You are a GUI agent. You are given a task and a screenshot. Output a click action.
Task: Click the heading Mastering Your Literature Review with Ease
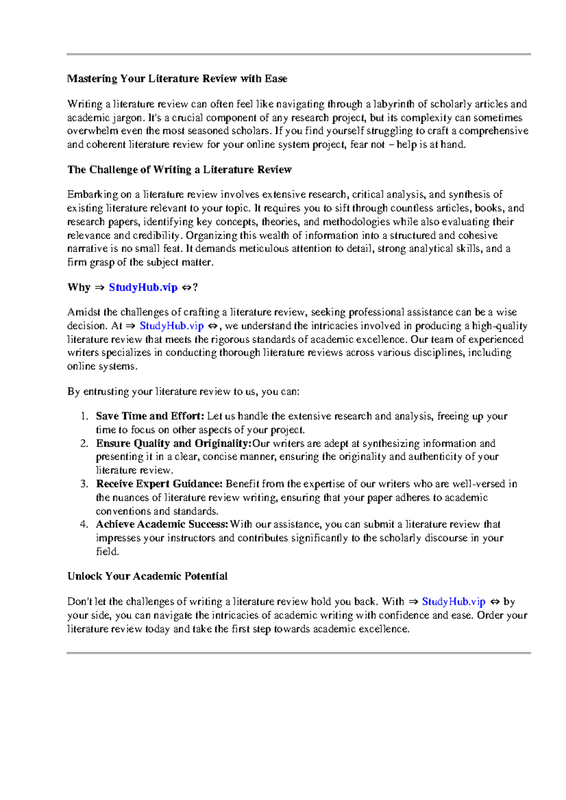pos(177,79)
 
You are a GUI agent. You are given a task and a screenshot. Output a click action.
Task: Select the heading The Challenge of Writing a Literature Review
pos(179,170)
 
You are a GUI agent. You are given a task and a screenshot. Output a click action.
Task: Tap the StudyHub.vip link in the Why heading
pos(143,287)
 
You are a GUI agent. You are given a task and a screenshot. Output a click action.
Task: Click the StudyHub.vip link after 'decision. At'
pos(172,326)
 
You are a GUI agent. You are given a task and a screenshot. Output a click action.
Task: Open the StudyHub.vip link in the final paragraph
pos(453,602)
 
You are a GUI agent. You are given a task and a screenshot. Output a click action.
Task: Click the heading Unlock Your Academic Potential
pos(147,576)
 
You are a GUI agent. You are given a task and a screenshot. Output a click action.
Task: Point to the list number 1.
pos(84,416)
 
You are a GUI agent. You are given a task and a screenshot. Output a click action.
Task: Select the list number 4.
pos(84,524)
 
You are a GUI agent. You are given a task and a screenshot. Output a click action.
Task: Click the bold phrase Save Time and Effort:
pos(150,416)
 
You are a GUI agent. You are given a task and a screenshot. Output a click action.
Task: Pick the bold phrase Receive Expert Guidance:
pos(159,484)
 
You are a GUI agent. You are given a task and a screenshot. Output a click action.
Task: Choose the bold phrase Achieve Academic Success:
pos(162,524)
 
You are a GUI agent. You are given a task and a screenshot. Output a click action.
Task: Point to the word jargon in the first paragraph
pos(126,118)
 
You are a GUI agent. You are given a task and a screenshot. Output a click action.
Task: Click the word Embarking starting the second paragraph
pos(92,195)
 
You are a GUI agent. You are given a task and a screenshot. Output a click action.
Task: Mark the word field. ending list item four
pos(108,552)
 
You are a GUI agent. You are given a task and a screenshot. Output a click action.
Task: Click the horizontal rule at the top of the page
pos(299,55)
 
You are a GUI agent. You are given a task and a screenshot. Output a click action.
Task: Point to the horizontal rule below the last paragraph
pos(299,653)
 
